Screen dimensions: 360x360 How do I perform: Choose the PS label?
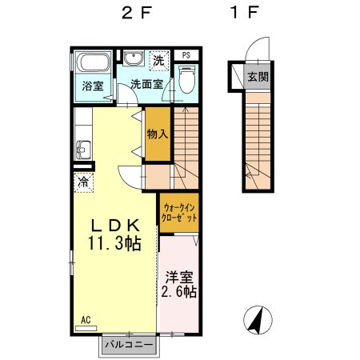[186, 54]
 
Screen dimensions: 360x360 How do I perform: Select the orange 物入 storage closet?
[157, 134]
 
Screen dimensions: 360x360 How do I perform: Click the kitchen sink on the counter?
[82, 150]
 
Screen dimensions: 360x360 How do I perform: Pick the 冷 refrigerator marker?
[83, 182]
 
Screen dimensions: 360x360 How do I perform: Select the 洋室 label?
[178, 278]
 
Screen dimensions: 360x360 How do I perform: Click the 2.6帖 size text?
[178, 293]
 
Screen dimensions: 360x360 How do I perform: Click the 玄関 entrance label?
[257, 78]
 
